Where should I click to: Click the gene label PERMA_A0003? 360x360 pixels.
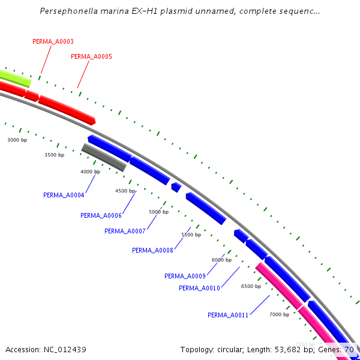(x=53, y=41)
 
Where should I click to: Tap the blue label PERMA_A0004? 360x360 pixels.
(x=64, y=195)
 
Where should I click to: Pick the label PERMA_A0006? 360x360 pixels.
(x=101, y=215)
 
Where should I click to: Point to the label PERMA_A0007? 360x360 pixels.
(x=125, y=231)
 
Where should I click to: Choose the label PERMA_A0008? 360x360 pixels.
(x=152, y=250)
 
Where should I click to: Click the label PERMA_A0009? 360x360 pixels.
(x=185, y=276)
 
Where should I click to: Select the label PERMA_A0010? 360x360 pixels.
(x=199, y=288)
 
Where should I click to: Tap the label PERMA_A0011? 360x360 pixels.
(x=228, y=315)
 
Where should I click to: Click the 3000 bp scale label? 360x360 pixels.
(x=17, y=140)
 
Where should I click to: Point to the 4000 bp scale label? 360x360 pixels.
(x=91, y=172)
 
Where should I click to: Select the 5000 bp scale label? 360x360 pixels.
(x=159, y=212)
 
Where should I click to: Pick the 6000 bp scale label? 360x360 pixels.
(x=221, y=260)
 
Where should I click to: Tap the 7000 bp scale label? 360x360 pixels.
(x=279, y=314)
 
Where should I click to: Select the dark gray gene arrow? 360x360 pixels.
(x=104, y=157)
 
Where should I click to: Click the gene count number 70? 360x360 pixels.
(x=349, y=349)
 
